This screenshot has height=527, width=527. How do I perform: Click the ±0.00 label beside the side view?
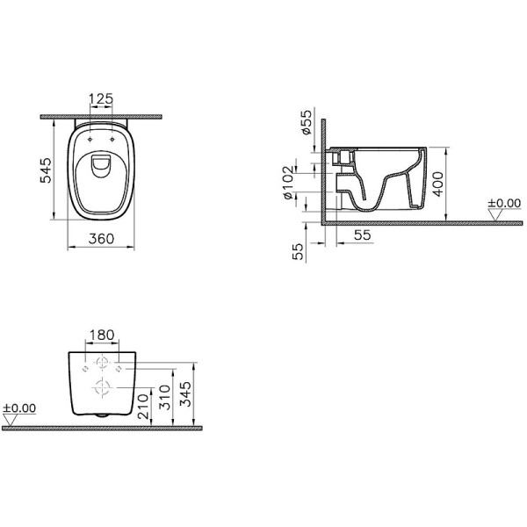(x=506, y=204)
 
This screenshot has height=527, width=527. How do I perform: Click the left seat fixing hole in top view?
(x=91, y=138)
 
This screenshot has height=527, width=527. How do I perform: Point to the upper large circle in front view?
(x=103, y=361)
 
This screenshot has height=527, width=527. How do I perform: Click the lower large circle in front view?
(x=103, y=387)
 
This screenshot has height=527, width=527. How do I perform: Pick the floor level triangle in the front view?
(x=11, y=421)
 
